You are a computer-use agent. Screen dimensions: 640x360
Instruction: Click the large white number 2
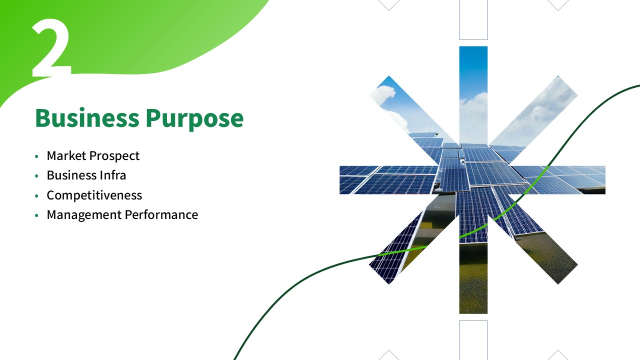(51, 47)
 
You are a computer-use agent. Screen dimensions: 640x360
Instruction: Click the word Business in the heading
(87, 118)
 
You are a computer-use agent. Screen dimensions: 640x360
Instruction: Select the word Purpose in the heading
(195, 119)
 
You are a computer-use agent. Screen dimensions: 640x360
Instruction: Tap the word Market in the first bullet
(66, 155)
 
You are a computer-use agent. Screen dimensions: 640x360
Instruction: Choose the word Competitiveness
(94, 195)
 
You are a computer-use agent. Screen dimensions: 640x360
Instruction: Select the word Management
(84, 215)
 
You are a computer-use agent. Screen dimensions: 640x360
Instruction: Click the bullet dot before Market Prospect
(36, 156)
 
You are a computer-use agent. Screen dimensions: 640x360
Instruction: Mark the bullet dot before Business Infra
(36, 176)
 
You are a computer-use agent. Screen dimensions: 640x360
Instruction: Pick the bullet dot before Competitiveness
(36, 195)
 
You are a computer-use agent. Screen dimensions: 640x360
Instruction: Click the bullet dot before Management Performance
(36, 215)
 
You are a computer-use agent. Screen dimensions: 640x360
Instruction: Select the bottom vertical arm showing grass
(473, 277)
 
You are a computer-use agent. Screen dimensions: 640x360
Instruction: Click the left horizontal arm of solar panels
(388, 180)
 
